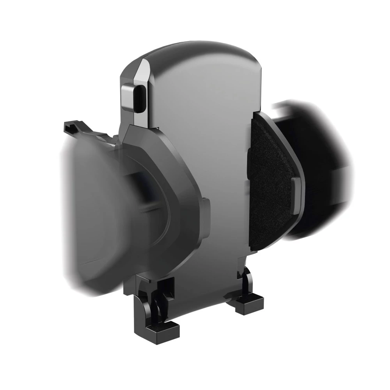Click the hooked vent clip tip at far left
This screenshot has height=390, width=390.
click(x=67, y=126)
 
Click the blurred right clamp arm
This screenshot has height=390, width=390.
click(x=320, y=164)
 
